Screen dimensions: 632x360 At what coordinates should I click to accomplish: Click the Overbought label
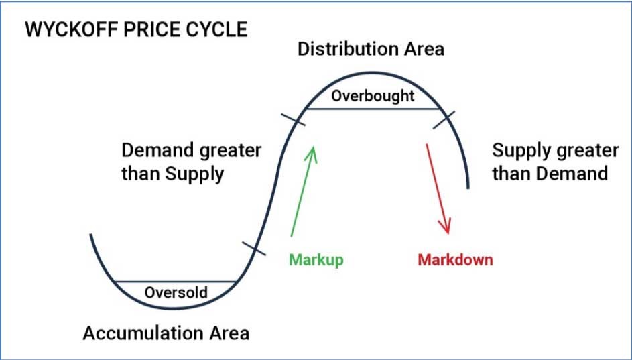coord(373,96)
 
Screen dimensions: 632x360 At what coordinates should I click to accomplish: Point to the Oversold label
coord(176,292)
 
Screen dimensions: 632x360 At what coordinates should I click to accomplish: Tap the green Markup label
coord(316,260)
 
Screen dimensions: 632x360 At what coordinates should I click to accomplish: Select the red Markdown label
coord(456,259)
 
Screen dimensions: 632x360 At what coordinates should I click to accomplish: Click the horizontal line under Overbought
coord(373,109)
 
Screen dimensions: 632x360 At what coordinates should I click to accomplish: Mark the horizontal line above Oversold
coord(176,282)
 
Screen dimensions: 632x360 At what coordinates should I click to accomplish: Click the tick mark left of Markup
coord(254,248)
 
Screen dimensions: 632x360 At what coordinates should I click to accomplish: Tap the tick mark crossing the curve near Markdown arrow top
coord(444,120)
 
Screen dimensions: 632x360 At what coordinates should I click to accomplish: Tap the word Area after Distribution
coord(419,49)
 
